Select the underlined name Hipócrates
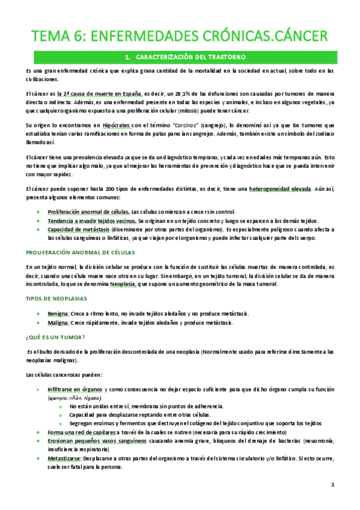coord(118,124)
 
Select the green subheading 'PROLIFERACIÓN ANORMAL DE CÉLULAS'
coord(81,253)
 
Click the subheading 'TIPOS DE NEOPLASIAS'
coord(56,298)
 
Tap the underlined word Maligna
coord(58,322)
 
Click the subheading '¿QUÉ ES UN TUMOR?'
coord(55,337)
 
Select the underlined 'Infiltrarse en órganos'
coord(75,390)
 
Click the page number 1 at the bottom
coord(332,485)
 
